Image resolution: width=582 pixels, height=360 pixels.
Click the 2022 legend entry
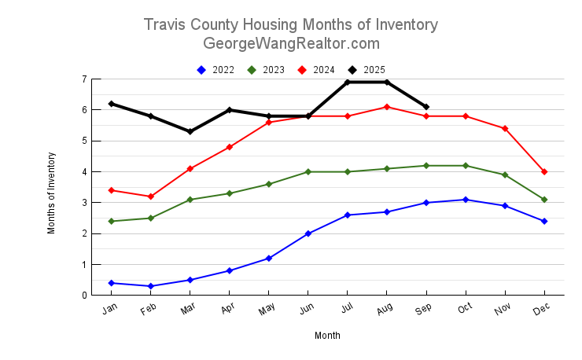click(x=215, y=70)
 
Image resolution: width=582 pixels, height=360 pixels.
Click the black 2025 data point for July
click(x=348, y=83)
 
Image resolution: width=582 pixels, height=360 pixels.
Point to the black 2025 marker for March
click(x=190, y=131)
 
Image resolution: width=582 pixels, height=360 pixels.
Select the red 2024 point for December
click(x=544, y=171)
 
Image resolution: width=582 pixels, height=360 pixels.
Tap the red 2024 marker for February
click(x=151, y=197)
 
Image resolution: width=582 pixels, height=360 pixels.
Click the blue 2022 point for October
click(x=466, y=200)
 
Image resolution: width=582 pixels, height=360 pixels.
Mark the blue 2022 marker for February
click(x=151, y=286)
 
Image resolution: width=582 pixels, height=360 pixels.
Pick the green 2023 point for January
click(x=112, y=221)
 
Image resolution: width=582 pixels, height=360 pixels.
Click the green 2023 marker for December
click(x=544, y=200)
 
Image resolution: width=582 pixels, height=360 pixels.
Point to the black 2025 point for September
click(x=426, y=107)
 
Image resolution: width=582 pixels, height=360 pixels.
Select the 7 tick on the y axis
click(x=83, y=79)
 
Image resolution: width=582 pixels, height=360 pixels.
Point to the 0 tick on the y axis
click(x=83, y=296)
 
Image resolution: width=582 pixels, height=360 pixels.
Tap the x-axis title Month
click(x=327, y=336)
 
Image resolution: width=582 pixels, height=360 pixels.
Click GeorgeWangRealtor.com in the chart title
click(x=291, y=43)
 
